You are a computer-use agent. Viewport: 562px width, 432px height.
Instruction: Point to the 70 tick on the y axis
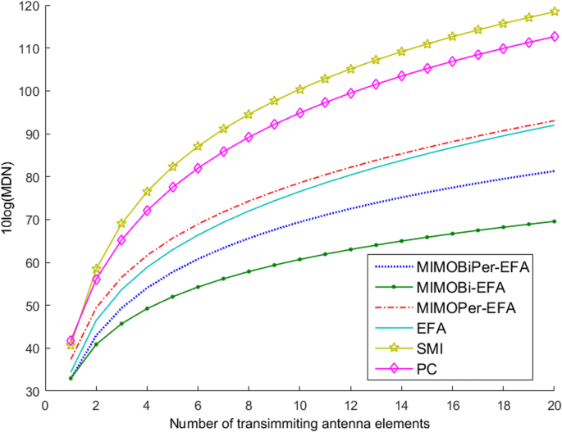coord(30,220)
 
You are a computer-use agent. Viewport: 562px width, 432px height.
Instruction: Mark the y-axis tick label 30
coord(30,391)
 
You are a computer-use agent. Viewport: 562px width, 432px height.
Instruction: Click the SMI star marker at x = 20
coord(554,12)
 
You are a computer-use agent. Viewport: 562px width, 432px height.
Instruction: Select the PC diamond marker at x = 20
coord(554,37)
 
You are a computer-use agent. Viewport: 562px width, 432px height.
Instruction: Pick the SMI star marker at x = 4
coord(148,192)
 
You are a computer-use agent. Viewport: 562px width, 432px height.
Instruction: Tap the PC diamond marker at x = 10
coord(299,112)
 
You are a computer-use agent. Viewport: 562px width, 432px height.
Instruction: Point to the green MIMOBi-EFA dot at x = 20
coord(554,221)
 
